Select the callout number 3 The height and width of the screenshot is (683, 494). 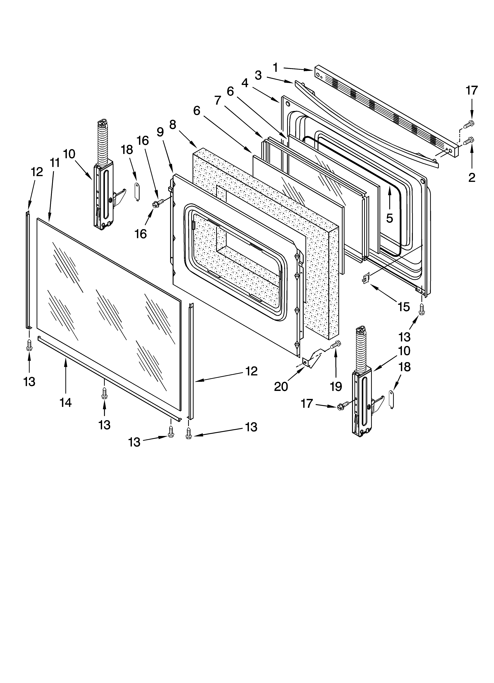[258, 75]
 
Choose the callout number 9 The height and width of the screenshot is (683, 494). [160, 132]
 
